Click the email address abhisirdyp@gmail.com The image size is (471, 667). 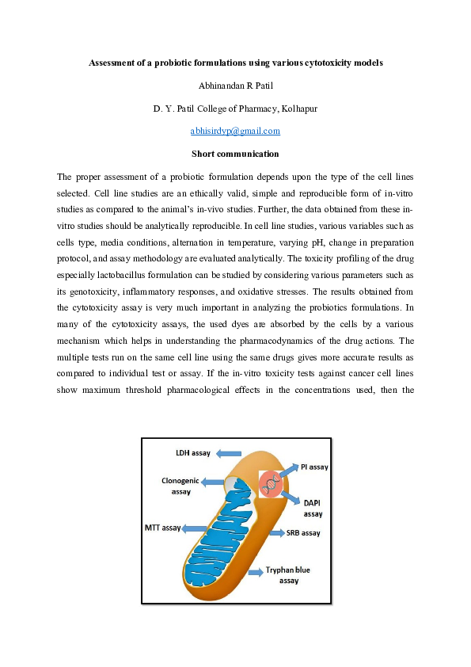[x=235, y=131]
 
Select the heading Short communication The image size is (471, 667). [x=235, y=153]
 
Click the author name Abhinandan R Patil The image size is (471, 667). [x=235, y=84]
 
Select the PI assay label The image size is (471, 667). [x=314, y=467]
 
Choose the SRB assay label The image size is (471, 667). [x=306, y=533]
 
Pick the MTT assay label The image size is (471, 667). [x=162, y=527]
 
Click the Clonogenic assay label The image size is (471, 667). [x=182, y=486]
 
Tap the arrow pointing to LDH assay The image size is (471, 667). [x=230, y=453]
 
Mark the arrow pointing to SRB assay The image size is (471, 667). [x=277, y=533]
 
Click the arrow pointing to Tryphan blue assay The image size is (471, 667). [x=256, y=570]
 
